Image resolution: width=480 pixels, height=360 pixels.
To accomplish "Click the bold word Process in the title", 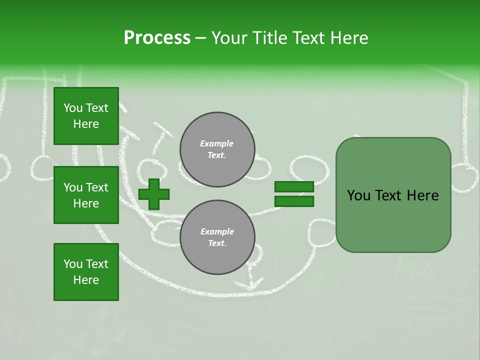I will pyautogui.click(x=157, y=38).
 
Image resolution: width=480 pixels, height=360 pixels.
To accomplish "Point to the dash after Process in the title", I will pyautogui.click(x=200, y=38).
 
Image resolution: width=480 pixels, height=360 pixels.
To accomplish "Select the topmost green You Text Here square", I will pyautogui.click(x=86, y=116).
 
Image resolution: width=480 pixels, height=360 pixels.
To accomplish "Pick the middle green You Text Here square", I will pyautogui.click(x=86, y=195).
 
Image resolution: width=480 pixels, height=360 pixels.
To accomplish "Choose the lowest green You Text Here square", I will pyautogui.click(x=86, y=272).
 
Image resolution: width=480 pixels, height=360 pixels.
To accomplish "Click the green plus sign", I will pyautogui.click(x=154, y=194).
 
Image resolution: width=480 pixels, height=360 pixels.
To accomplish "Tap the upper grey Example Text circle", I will pyautogui.click(x=217, y=149).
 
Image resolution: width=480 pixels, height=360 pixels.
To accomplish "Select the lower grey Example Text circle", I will pyautogui.click(x=217, y=237).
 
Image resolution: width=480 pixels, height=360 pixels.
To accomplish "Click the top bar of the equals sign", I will pyautogui.click(x=294, y=186).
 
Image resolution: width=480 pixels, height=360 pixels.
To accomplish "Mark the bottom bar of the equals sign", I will pyautogui.click(x=294, y=201).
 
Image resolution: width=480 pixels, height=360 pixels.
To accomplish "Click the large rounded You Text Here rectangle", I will pyautogui.click(x=393, y=195).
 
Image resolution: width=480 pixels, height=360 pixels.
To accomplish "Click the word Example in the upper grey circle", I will pyautogui.click(x=217, y=143).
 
